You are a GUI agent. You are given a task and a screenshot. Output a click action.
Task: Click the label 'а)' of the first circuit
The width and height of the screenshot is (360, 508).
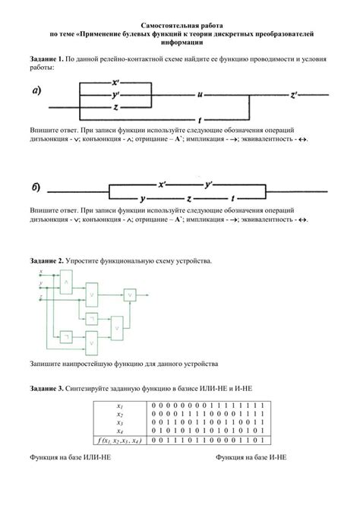37,93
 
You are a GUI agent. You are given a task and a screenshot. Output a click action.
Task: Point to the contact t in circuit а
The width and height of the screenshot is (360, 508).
199,120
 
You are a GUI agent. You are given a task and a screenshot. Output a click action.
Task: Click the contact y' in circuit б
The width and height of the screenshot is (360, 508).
209,185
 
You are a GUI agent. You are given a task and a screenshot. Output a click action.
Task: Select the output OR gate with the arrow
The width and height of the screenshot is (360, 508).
131,295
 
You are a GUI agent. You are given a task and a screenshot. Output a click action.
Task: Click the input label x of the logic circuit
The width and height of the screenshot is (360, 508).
39,272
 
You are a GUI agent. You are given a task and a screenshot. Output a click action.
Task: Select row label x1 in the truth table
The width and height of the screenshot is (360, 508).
120,405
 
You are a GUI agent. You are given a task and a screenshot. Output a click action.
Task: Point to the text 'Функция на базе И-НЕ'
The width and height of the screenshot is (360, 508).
251,458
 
